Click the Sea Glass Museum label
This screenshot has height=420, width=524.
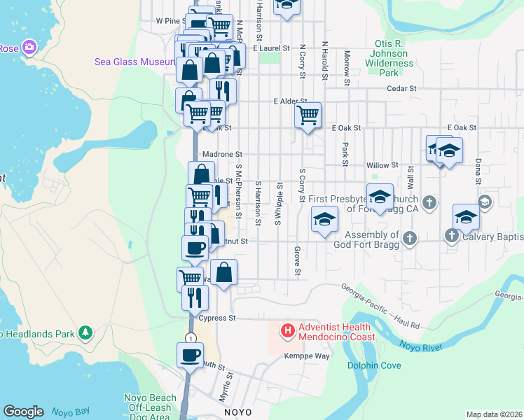coord(134,62)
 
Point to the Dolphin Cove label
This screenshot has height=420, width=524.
coord(374,365)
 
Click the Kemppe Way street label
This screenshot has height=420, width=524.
coord(306,356)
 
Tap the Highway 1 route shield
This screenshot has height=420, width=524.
coord(190,338)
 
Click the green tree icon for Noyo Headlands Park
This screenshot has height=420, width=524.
coord(85,331)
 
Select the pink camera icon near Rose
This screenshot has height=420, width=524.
coord(29,48)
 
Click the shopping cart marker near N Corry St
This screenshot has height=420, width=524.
coord(307,115)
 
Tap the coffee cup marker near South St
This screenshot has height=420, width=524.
coord(191,355)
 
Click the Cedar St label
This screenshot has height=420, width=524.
coord(401,89)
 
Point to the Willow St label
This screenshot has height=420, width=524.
coord(382,165)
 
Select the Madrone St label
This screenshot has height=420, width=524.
coord(221,154)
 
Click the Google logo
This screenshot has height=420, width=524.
coord(23,412)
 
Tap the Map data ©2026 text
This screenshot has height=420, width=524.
coord(493,414)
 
